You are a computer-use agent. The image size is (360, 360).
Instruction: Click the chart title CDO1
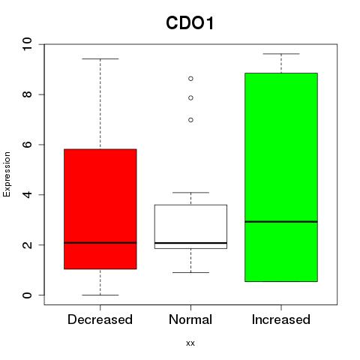(190, 23)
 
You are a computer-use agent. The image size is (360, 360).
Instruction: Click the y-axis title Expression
(7, 174)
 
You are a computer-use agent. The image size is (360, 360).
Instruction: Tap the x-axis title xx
(190, 343)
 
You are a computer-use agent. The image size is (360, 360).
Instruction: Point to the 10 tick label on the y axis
(27, 44)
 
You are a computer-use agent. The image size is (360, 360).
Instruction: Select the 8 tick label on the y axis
(27, 94)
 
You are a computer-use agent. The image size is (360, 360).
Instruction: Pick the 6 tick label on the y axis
(27, 145)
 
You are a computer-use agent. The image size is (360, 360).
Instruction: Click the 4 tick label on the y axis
(27, 194)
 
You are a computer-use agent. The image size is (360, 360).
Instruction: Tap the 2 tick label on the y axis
(27, 244)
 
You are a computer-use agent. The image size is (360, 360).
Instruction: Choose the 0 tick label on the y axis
(27, 295)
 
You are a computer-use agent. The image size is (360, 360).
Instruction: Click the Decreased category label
(100, 319)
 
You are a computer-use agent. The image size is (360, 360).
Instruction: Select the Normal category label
(190, 319)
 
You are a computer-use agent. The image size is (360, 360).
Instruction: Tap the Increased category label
(281, 319)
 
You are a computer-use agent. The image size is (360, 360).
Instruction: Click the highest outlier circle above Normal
(190, 79)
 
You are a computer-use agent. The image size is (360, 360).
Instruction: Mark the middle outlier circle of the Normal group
(190, 98)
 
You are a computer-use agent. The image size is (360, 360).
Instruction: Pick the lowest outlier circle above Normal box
(190, 120)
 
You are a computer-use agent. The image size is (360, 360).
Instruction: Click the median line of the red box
(100, 242)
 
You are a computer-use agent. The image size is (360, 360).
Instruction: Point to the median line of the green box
(281, 222)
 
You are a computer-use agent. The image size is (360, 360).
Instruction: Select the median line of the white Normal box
(190, 243)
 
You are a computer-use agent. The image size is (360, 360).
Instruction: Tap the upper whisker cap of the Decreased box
(100, 58)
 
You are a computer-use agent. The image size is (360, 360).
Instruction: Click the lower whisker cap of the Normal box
(190, 272)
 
